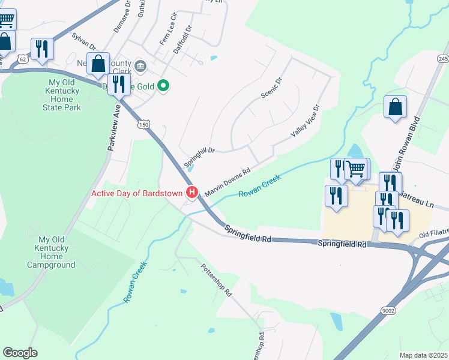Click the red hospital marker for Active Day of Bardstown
(192, 193)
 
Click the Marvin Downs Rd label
(228, 182)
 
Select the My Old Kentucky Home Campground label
(51, 252)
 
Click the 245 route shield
(443, 58)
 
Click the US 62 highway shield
(22, 59)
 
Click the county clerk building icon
(140, 65)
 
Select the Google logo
(20, 353)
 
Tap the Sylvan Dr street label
(84, 41)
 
